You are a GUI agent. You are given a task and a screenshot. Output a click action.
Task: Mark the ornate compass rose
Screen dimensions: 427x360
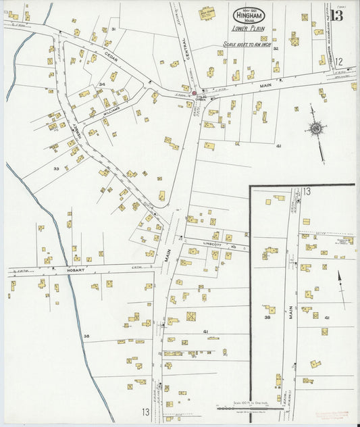[315, 128]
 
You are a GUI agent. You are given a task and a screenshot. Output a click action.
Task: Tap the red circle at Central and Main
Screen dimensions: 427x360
[194, 93]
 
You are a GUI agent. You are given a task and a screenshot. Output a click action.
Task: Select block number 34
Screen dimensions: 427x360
[102, 84]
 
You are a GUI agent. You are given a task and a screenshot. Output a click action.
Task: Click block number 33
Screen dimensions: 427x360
[57, 168]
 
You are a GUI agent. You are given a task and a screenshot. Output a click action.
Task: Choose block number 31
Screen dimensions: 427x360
[114, 29]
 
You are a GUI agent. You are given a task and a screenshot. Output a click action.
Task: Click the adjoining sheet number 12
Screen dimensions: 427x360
[338, 61]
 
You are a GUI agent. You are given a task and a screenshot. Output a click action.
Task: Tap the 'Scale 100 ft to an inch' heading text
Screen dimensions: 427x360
[247, 45]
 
